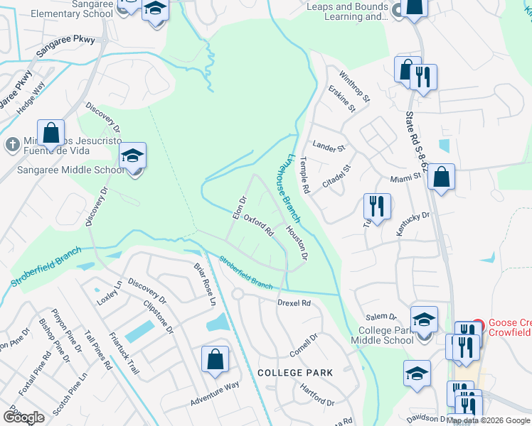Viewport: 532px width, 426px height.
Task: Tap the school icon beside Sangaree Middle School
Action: tap(132, 156)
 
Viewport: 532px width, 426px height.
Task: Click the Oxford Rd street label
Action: tap(259, 226)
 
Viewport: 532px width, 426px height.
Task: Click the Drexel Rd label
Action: tap(294, 302)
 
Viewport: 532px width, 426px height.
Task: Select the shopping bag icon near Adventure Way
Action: tap(215, 359)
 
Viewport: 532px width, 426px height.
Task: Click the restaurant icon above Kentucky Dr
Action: tap(377, 207)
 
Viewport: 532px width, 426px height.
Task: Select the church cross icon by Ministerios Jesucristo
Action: tap(11, 145)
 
